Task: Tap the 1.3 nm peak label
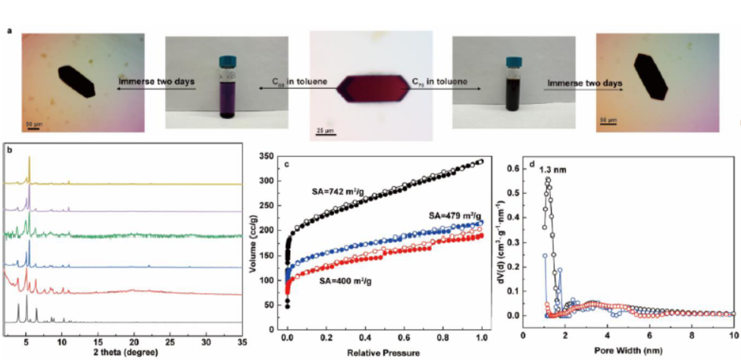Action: [551, 170]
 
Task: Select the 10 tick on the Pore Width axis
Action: [733, 333]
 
